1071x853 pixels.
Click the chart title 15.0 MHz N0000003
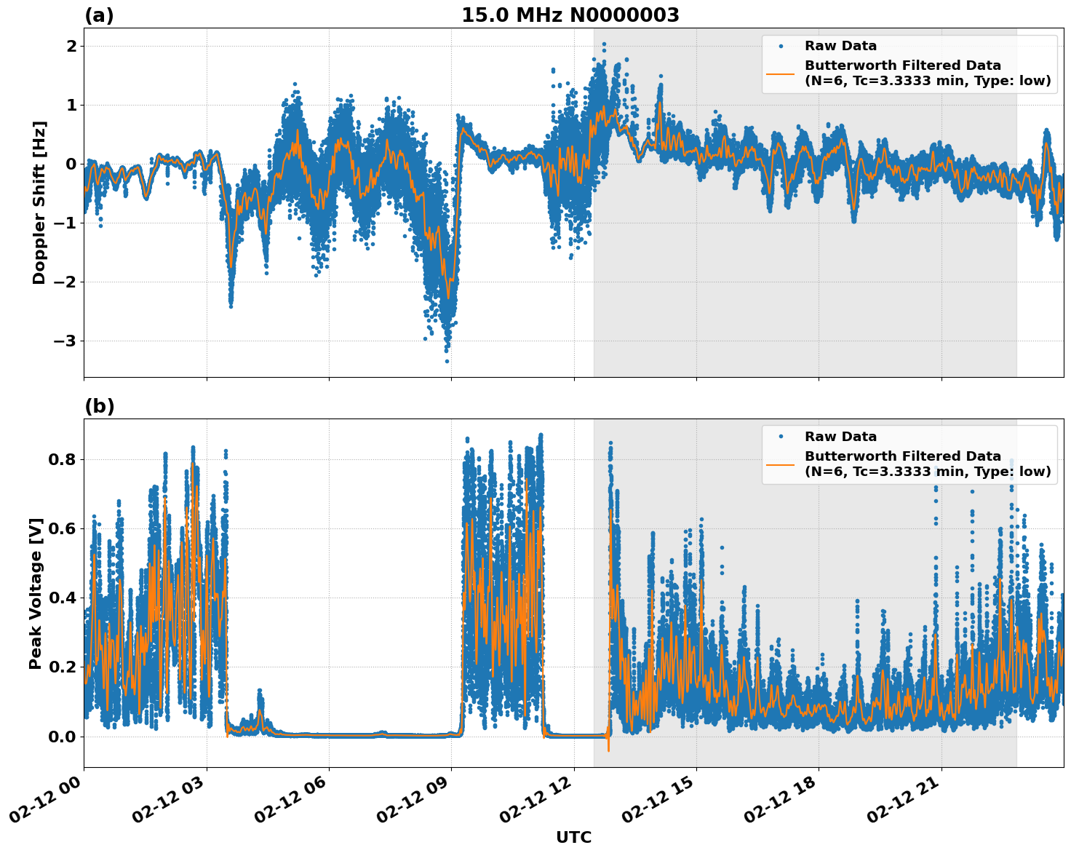point(570,15)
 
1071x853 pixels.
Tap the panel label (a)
point(99,15)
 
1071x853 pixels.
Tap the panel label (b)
point(99,406)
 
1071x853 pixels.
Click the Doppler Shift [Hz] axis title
point(39,202)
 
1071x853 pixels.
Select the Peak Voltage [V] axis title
point(36,593)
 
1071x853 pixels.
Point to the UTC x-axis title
point(573,837)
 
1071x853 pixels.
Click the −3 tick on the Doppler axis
point(64,341)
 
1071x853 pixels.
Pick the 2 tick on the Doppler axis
point(71,46)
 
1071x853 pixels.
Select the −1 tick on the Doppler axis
point(64,223)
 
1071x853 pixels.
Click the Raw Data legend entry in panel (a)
point(840,46)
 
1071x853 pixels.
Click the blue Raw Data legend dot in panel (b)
point(781,437)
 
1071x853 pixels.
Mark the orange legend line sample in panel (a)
point(781,73)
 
